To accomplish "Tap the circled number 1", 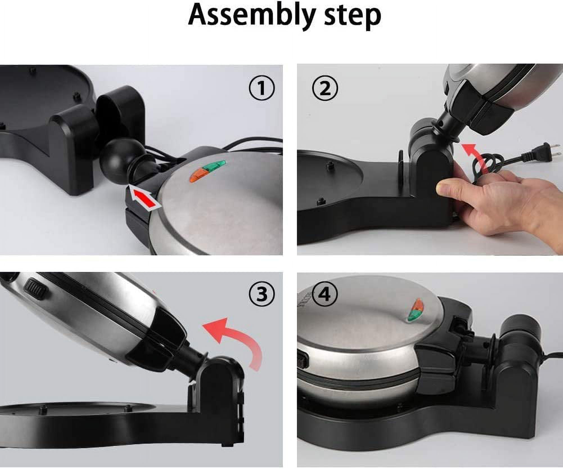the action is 262,88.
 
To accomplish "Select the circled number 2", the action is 325,88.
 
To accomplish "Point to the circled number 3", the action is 262,294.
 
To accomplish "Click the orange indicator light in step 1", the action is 198,175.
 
